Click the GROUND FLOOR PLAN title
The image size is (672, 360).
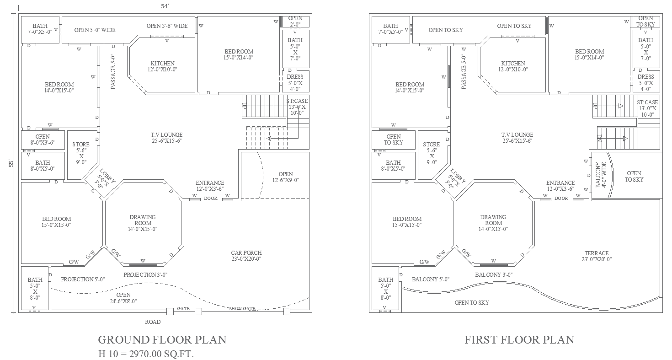(x=162, y=340)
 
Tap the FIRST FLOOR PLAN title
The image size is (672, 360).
(x=520, y=340)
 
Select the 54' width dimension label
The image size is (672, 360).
(x=165, y=6)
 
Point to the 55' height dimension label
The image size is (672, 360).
(x=11, y=163)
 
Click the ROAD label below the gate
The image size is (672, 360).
(x=153, y=322)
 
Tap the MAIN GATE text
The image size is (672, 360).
(x=242, y=308)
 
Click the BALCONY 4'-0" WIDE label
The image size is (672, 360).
(x=601, y=175)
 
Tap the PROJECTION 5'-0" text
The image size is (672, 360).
(x=83, y=279)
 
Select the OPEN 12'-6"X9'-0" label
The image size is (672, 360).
(x=286, y=177)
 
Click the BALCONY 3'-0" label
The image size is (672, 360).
(x=494, y=275)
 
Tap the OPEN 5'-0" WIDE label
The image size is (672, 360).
(x=95, y=30)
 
